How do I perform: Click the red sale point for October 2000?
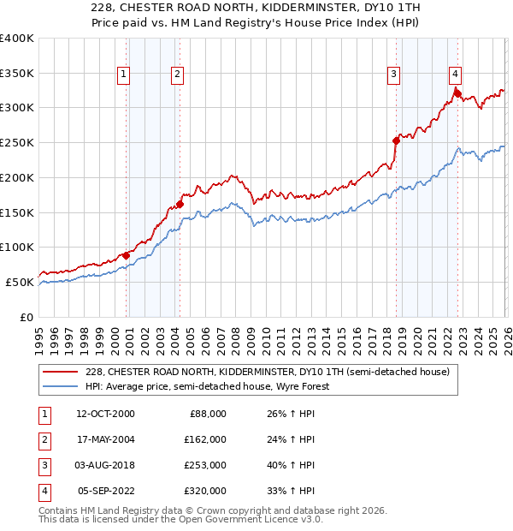pos(126,255)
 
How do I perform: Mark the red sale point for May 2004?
pos(180,204)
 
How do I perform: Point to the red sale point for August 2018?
pos(396,140)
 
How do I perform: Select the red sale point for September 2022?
pos(457,93)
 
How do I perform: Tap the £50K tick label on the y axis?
pos(20,282)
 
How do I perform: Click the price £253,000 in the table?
pos(204,466)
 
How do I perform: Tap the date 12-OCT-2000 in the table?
pos(105,414)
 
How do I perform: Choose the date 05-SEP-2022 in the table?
pos(105,492)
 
